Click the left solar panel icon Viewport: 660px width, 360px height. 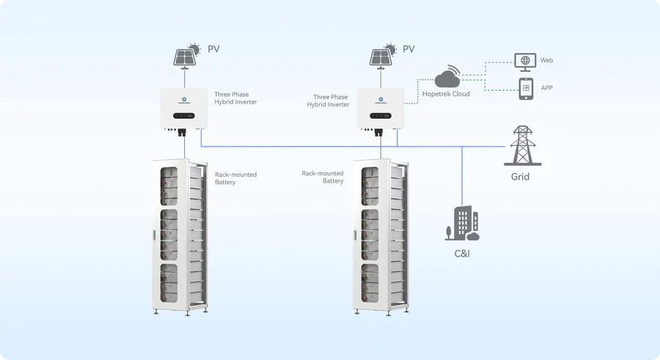(184, 56)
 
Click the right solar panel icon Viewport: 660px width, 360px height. (380, 56)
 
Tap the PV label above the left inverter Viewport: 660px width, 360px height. (213, 50)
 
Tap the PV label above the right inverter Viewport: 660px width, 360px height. (408, 50)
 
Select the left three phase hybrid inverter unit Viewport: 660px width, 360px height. (186, 109)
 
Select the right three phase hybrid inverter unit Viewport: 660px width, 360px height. (381, 109)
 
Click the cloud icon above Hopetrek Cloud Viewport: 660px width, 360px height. (447, 78)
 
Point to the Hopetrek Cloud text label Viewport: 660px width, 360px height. (446, 94)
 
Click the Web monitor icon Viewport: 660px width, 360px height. (525, 60)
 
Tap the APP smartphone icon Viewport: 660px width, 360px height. (526, 88)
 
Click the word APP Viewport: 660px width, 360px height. (546, 88)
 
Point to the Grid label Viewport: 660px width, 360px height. (520, 177)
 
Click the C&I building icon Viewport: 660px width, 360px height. (462, 224)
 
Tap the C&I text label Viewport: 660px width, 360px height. (462, 254)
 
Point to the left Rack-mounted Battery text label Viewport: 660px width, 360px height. (235, 178)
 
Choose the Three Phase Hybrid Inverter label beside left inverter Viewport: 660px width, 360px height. (235, 99)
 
